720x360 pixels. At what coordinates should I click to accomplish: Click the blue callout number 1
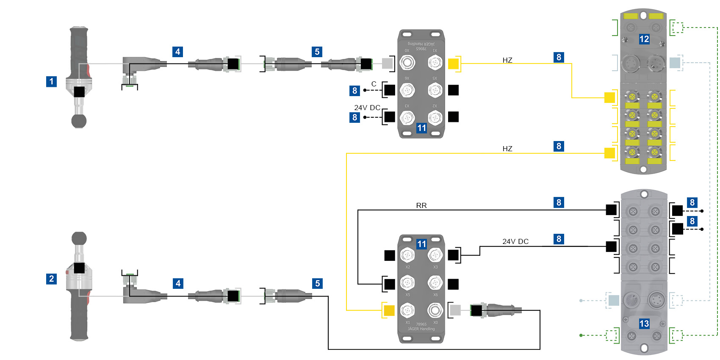click(x=51, y=81)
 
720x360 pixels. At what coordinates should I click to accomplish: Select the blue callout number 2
click(x=51, y=279)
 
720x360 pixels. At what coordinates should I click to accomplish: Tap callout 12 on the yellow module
click(x=644, y=39)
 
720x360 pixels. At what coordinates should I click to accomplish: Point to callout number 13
click(x=644, y=324)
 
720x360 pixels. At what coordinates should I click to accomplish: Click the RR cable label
click(x=421, y=205)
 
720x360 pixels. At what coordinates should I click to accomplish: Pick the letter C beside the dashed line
click(x=374, y=84)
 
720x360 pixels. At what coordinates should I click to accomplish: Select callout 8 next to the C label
click(x=354, y=91)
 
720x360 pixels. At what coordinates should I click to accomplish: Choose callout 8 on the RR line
click(x=559, y=202)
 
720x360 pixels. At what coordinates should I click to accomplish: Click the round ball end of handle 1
click(x=79, y=121)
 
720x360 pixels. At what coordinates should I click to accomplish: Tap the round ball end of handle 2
click(x=79, y=238)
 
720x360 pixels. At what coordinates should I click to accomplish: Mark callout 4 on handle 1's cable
click(x=178, y=52)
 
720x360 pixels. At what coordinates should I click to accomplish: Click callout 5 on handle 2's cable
click(x=317, y=283)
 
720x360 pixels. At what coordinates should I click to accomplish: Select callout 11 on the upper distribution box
click(x=421, y=128)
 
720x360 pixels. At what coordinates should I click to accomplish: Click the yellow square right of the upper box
click(x=453, y=64)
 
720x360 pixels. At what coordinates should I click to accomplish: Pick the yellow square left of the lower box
click(x=389, y=310)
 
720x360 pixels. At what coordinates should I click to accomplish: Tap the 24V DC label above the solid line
click(x=515, y=241)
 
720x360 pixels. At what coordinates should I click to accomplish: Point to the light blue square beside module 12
click(x=675, y=63)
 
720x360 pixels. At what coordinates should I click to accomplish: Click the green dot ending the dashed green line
click(x=581, y=335)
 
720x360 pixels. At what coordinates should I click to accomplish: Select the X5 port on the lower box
click(x=407, y=283)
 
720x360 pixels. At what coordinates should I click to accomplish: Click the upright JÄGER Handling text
click(x=421, y=329)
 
